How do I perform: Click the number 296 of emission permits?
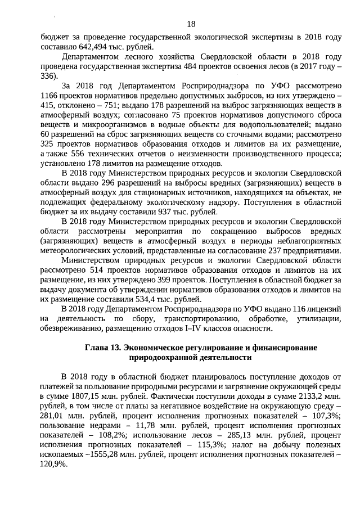pos(112,184)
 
